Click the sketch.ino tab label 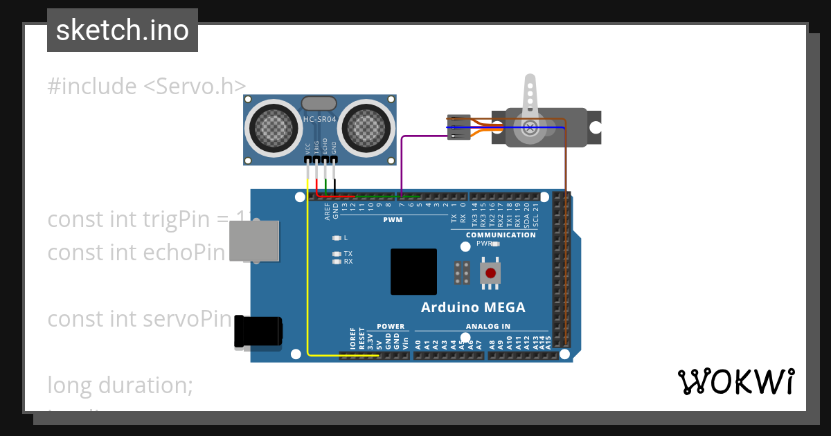[123, 30]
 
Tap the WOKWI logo [735, 381]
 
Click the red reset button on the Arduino [491, 272]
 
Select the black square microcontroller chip [413, 272]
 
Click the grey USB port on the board [254, 242]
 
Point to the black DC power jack [258, 331]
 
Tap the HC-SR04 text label [320, 119]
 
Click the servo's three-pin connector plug [458, 127]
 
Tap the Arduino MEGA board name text [473, 307]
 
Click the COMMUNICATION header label [501, 235]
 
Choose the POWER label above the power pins [391, 326]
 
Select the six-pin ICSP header [463, 273]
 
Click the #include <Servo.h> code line [147, 87]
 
